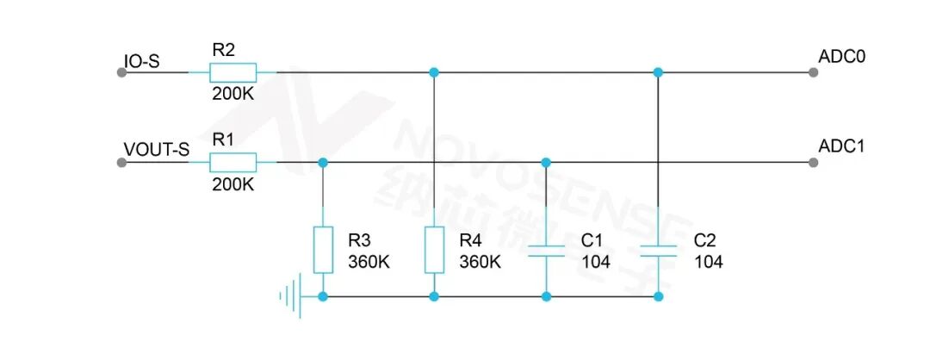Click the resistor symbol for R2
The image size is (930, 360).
tap(232, 72)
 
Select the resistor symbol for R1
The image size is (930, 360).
tap(232, 162)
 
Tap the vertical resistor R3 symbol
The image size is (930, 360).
tap(323, 250)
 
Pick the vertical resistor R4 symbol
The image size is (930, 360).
tap(434, 250)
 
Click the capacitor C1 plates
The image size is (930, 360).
tap(546, 251)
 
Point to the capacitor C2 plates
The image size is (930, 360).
tap(659, 251)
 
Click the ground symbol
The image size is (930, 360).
tap(291, 295)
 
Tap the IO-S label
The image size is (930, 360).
tap(141, 61)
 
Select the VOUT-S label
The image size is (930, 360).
tap(157, 150)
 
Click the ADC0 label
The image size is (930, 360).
tap(842, 57)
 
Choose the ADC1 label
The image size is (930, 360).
tap(842, 146)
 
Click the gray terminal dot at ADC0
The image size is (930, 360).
tap(813, 72)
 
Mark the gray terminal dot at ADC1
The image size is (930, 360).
tap(813, 162)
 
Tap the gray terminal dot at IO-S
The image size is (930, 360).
tap(121, 72)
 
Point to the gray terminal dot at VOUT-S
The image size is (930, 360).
tap(121, 162)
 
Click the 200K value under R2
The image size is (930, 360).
tap(233, 94)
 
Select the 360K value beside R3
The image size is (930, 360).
tap(369, 262)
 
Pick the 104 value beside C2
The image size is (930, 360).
tap(709, 262)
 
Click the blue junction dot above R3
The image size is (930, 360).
tap(323, 162)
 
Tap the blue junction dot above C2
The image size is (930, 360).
tap(658, 72)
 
